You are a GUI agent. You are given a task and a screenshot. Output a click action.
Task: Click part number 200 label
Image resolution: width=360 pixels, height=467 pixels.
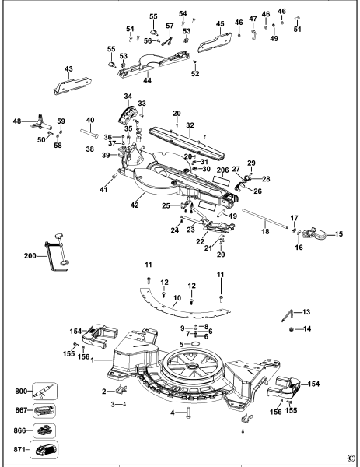click(x=30, y=256)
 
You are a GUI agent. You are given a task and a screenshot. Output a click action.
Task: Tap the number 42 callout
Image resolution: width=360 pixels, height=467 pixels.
click(x=135, y=205)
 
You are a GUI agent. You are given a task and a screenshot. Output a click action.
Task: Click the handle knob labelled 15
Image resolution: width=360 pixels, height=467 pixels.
click(x=314, y=233)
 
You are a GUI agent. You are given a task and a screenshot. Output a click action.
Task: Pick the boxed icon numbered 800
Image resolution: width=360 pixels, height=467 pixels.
click(x=44, y=391)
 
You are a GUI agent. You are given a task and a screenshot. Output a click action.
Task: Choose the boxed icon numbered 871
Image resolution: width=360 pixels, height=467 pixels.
click(x=44, y=450)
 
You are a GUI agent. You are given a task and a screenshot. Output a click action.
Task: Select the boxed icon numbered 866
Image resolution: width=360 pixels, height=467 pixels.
click(x=44, y=430)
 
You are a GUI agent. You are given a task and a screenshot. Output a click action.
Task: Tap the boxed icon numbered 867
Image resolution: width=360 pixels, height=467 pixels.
click(x=44, y=410)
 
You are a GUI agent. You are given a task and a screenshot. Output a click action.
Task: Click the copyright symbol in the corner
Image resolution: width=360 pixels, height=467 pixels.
click(x=351, y=458)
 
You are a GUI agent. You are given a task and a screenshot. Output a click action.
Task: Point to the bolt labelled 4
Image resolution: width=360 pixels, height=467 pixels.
click(x=188, y=413)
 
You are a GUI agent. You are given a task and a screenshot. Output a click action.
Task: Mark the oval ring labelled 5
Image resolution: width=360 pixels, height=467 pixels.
click(x=194, y=344)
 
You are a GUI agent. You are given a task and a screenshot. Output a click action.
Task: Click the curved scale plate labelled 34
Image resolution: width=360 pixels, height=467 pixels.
click(x=127, y=114)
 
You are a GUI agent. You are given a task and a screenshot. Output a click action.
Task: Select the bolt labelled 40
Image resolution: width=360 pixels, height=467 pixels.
click(x=89, y=133)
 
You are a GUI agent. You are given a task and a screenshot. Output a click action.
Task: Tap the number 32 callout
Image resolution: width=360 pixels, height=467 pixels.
click(x=190, y=125)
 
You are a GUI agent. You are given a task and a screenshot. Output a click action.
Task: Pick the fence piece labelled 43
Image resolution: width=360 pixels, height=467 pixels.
click(x=72, y=86)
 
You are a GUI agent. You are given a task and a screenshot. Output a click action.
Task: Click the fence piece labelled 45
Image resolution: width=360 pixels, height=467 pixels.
click(x=215, y=42)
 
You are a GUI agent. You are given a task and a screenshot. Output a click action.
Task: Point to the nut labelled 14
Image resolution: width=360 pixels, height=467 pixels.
click(x=292, y=329)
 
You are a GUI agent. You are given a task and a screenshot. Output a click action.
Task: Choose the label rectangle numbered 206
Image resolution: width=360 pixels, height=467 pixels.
click(x=222, y=181)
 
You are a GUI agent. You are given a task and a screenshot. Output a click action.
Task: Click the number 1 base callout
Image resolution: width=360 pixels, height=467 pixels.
click(x=93, y=360)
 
